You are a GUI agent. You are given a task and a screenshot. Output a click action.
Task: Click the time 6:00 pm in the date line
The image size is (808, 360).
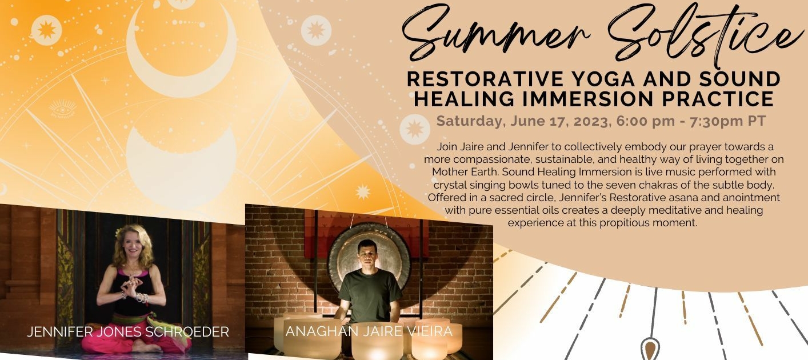tap(645, 121)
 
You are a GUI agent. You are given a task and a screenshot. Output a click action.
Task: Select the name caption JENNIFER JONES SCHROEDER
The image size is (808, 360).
tap(128, 331)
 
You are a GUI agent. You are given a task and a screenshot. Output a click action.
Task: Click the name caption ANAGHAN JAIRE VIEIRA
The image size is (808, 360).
tap(369, 331)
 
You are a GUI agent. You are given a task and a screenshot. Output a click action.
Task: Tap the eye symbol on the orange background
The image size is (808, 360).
tap(62, 109)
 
